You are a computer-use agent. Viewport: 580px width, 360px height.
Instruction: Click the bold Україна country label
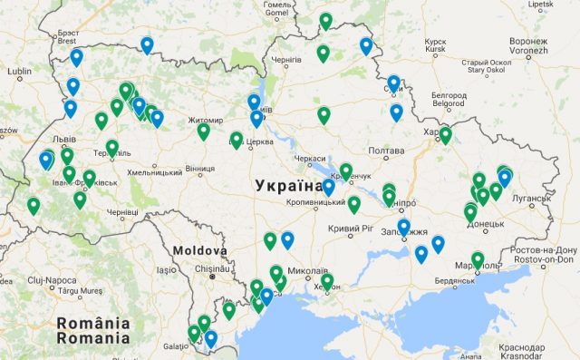click(x=288, y=186)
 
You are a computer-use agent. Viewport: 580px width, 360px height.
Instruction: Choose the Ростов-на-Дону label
click(x=544, y=250)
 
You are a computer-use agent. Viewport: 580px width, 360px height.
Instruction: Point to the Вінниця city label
click(x=199, y=169)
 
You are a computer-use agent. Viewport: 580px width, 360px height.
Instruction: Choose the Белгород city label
click(x=449, y=94)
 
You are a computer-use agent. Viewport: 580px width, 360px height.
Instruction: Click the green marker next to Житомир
click(x=203, y=131)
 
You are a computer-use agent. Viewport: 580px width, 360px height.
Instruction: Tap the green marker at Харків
click(x=445, y=135)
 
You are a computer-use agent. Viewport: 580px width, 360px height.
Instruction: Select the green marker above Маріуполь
click(x=478, y=259)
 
